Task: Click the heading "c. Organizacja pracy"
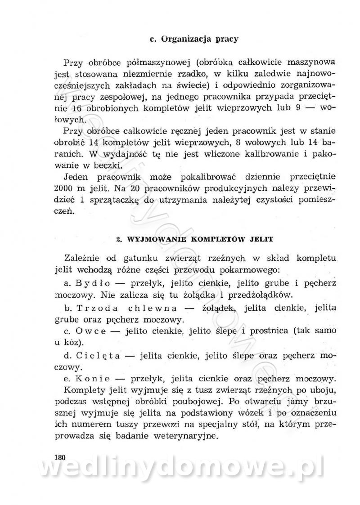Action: [x=193, y=39]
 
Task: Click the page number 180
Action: [x=59, y=457]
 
